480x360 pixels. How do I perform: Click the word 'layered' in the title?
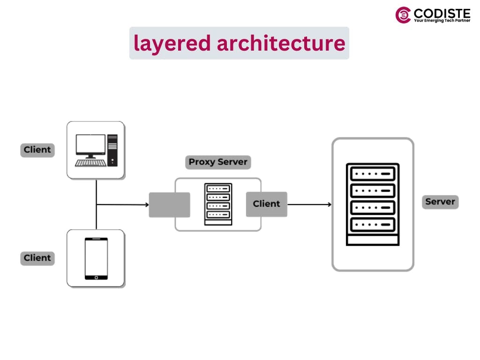tap(172, 43)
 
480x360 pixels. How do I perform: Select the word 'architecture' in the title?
tap(281, 43)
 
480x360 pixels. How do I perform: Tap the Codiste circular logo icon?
tap(403, 15)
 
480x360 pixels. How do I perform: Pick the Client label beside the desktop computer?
tap(37, 150)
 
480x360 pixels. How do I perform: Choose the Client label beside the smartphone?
tap(37, 258)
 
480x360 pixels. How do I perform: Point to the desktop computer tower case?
tap(112, 150)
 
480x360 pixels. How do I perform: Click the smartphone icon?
tap(96, 258)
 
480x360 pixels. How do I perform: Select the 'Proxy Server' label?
tap(217, 162)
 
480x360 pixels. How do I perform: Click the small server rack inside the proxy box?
tap(218, 204)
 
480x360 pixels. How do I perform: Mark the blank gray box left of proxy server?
tap(169, 205)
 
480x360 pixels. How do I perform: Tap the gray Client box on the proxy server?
tap(266, 204)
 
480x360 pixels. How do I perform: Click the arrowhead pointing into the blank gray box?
tap(146, 205)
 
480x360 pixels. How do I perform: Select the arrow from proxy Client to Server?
tap(309, 204)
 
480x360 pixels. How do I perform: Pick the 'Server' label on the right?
tap(440, 202)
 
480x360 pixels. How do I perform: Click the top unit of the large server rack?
tap(373, 173)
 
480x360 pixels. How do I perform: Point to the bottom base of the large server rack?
tap(373, 240)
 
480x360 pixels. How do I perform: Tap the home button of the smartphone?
tap(96, 277)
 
